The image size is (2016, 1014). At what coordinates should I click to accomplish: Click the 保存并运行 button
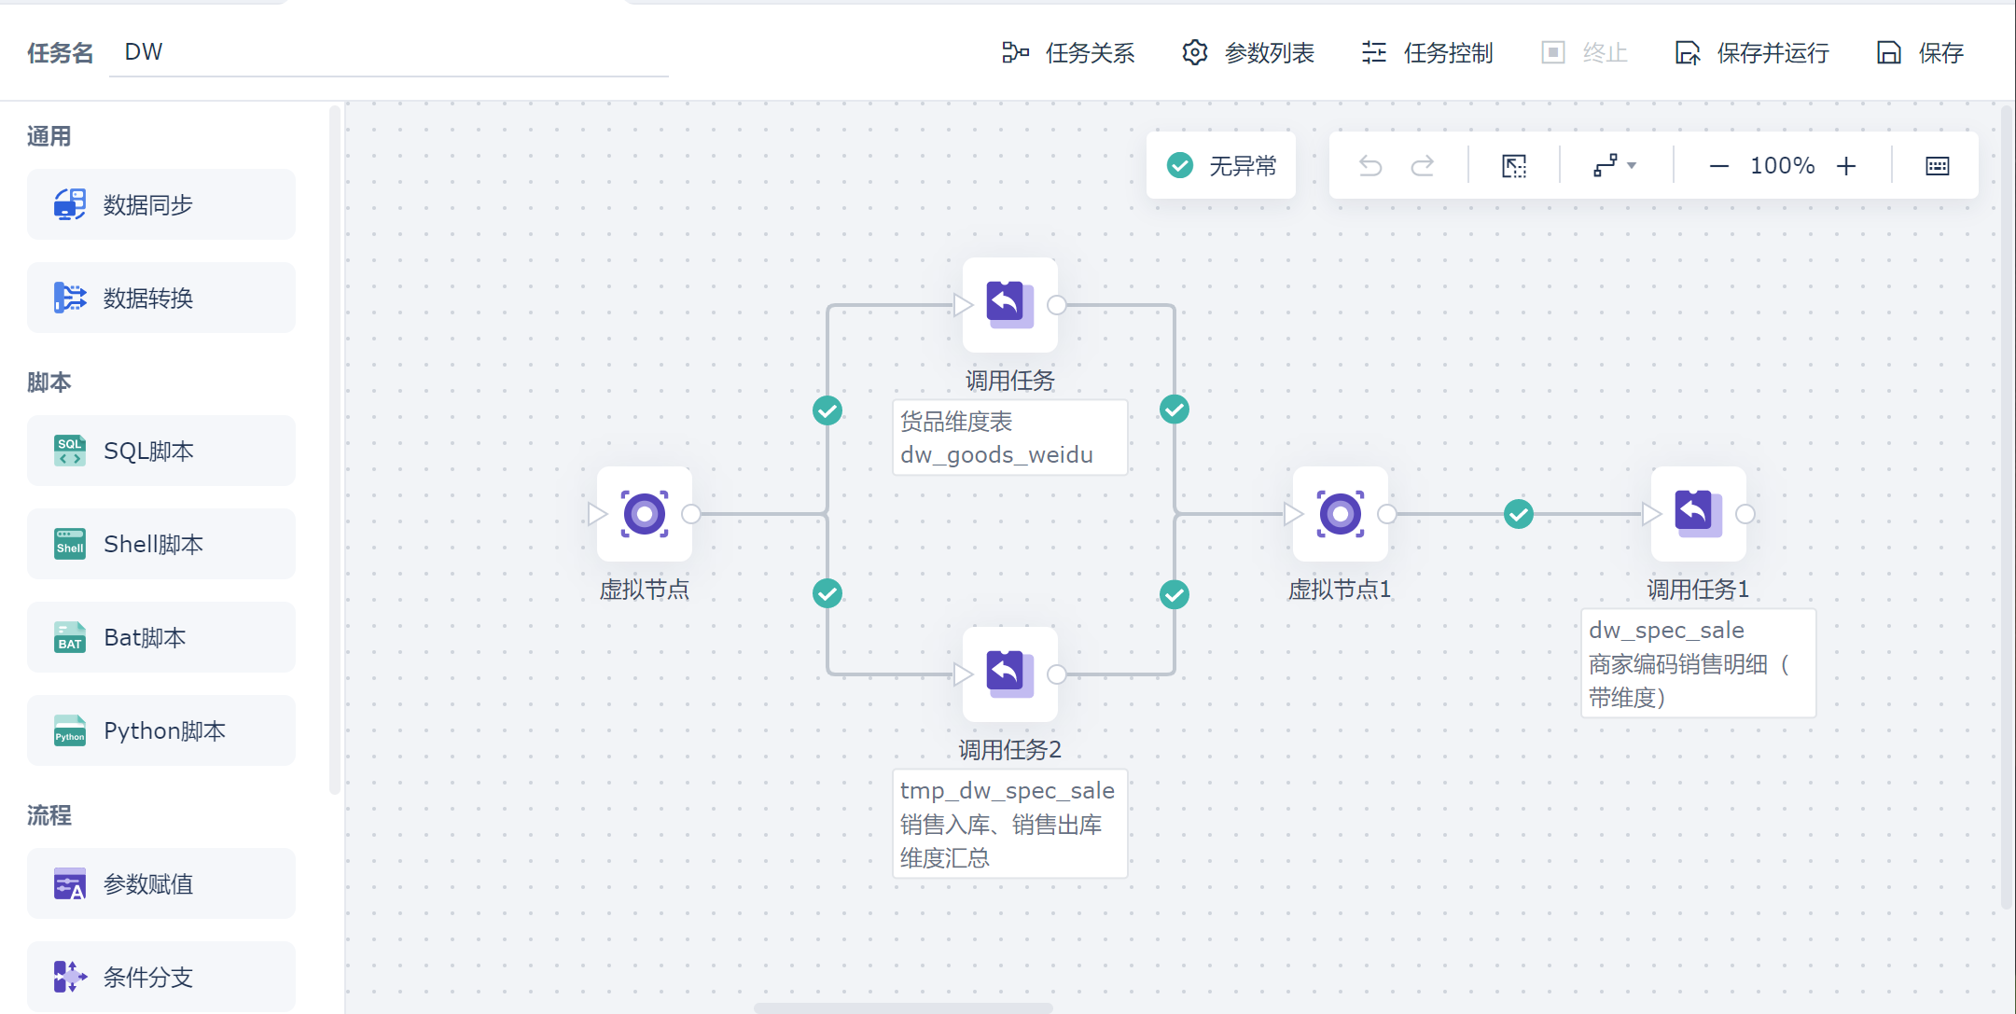click(x=1752, y=53)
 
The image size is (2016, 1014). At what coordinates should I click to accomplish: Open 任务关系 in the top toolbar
click(x=1068, y=53)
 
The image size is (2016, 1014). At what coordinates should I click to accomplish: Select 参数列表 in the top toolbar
click(x=1248, y=53)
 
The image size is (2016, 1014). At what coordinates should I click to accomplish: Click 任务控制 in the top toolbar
click(x=1427, y=53)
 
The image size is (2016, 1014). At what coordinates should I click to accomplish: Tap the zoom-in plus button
click(x=1846, y=166)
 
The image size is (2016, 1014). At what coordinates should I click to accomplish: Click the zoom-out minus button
click(x=1718, y=166)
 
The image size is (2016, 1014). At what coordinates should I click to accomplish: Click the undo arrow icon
click(x=1370, y=166)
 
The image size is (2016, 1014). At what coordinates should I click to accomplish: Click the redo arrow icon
click(x=1423, y=166)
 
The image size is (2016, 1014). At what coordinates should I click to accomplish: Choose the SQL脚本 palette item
click(x=161, y=451)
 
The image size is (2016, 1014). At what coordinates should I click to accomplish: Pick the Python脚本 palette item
click(x=161, y=730)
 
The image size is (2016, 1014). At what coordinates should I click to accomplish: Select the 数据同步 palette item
click(x=161, y=204)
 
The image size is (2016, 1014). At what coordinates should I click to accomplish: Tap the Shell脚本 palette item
click(x=161, y=544)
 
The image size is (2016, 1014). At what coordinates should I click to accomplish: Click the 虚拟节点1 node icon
click(x=1341, y=514)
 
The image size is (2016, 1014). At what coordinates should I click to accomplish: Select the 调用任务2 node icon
click(x=1010, y=674)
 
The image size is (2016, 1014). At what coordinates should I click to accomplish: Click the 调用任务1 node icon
click(x=1699, y=514)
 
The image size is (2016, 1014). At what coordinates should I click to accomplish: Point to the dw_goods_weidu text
click(x=996, y=455)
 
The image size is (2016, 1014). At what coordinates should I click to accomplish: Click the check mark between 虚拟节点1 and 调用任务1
click(x=1519, y=514)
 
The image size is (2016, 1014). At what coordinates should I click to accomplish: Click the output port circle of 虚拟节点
click(x=691, y=514)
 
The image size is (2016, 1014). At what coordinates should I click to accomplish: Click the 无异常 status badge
click(x=1221, y=166)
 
